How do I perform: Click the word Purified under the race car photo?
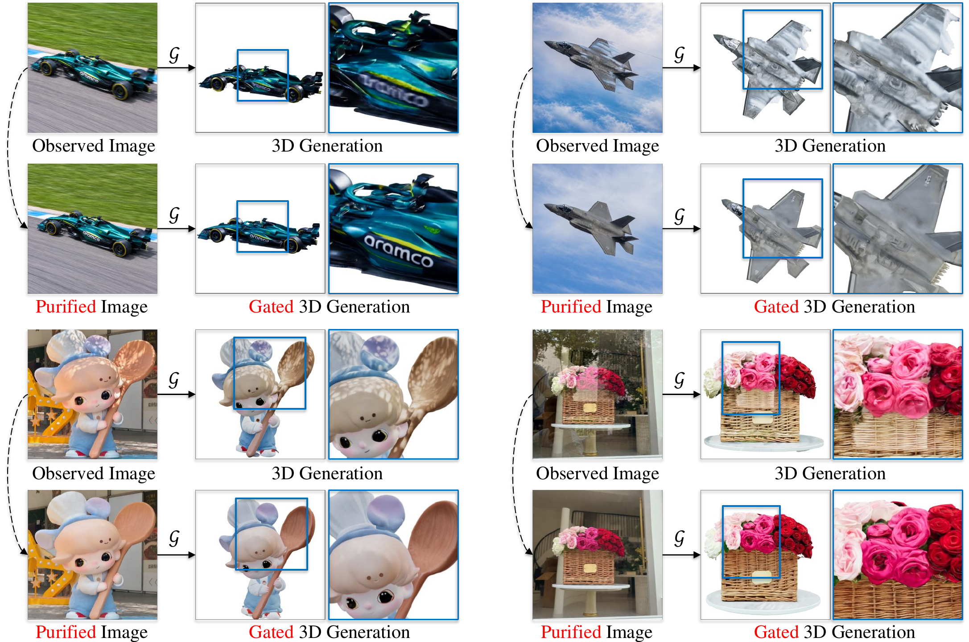pos(66,307)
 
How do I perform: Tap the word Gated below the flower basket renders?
pos(776,632)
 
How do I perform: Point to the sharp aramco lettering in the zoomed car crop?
pos(399,250)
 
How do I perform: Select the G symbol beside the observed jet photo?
pos(679,55)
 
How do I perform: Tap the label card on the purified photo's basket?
pos(590,568)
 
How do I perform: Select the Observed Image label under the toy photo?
pos(94,473)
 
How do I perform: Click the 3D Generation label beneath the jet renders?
pos(830,146)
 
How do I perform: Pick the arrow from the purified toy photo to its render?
pos(176,555)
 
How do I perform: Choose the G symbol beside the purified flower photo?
pos(679,539)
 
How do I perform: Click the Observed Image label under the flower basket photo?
pos(598,473)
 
